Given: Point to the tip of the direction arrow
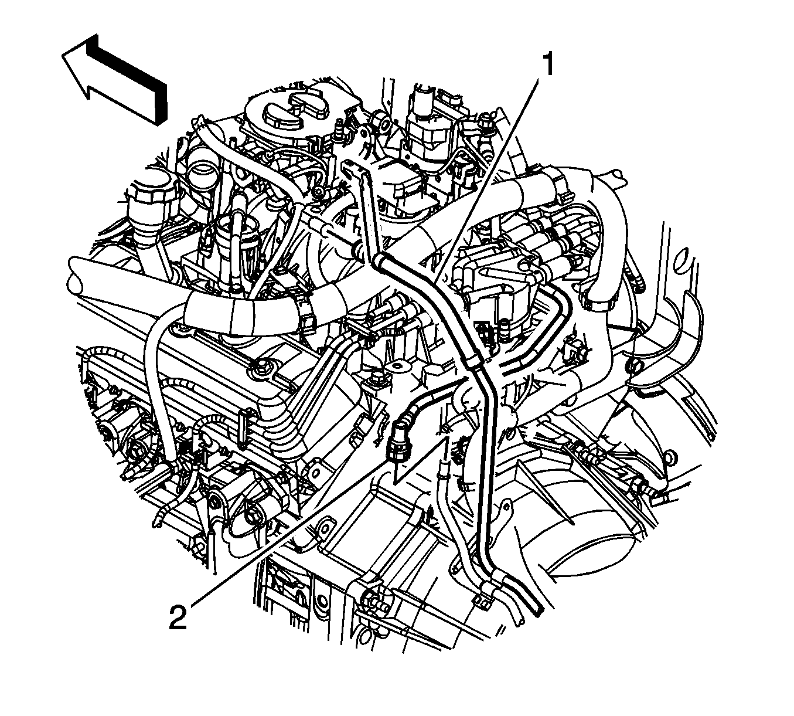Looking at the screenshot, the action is pyautogui.click(x=63, y=56).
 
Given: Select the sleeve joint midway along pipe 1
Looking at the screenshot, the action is pyautogui.click(x=473, y=361).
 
